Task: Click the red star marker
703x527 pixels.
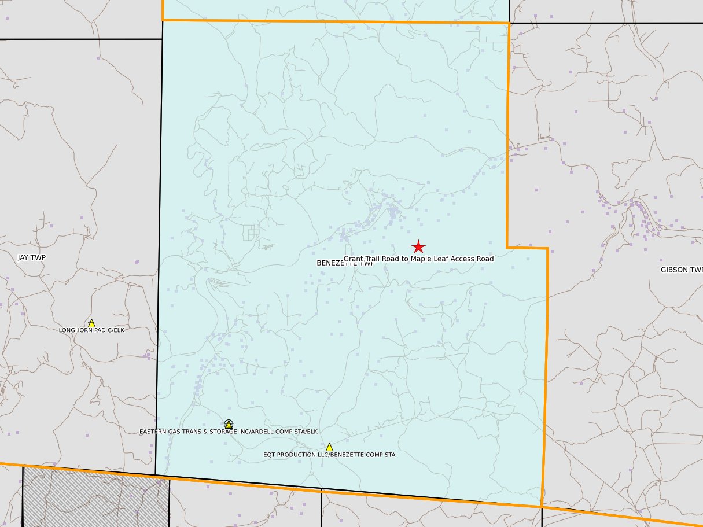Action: tap(418, 246)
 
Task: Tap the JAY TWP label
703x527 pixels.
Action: tap(32, 257)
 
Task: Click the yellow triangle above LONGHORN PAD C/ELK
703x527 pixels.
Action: tap(91, 323)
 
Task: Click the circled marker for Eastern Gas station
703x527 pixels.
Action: tap(229, 424)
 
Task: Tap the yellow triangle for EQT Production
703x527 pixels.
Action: tap(329, 447)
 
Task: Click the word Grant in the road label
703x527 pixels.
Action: tap(354, 259)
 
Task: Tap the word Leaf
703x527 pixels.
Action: tap(444, 259)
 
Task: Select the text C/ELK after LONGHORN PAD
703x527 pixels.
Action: tap(115, 330)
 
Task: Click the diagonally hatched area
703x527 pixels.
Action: tap(95, 497)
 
